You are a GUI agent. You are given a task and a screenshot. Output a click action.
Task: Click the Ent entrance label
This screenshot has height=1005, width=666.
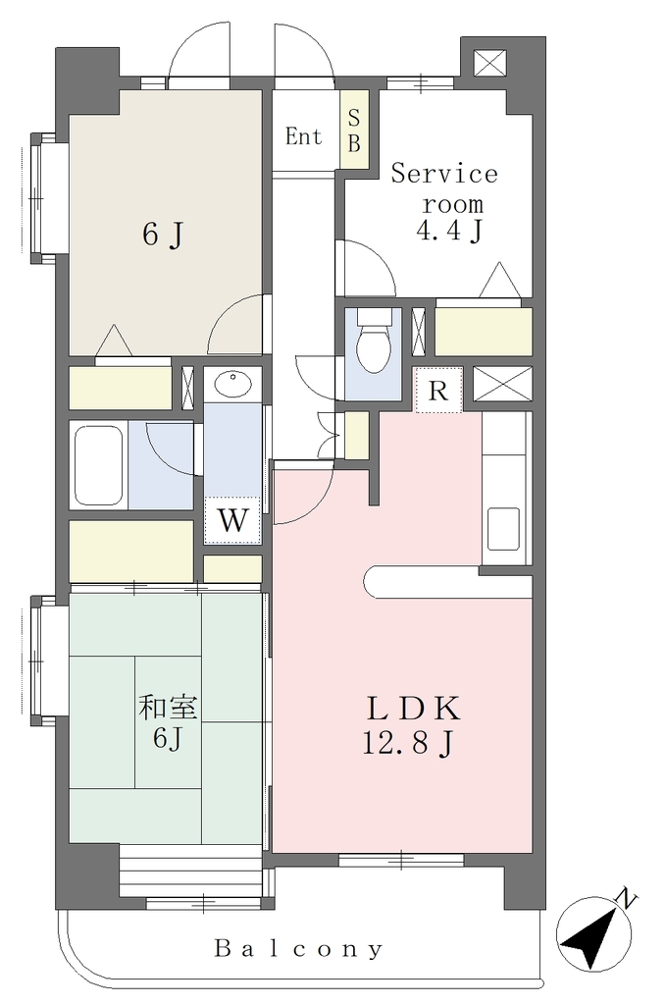[x=303, y=136]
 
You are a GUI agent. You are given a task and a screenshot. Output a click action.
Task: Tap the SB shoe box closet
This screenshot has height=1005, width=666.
[x=354, y=131]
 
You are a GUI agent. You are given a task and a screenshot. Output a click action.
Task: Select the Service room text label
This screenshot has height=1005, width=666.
[x=444, y=188]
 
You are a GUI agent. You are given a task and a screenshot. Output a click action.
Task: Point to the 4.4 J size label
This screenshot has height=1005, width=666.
[x=449, y=231]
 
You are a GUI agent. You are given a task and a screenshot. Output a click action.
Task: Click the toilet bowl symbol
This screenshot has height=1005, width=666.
[x=373, y=341]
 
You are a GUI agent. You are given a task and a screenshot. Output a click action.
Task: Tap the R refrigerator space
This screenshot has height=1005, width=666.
[x=438, y=390]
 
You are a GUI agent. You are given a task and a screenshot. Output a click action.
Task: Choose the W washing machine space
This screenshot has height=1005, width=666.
[x=231, y=520]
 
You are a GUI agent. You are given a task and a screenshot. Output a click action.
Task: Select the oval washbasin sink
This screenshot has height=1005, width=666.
[x=233, y=385]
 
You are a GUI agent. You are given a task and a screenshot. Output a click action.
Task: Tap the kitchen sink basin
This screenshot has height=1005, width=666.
[x=503, y=529]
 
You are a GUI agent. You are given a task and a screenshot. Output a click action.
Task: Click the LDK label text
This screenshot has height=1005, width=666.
[x=413, y=710]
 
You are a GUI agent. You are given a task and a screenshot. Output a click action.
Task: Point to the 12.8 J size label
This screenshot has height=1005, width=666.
[x=409, y=744]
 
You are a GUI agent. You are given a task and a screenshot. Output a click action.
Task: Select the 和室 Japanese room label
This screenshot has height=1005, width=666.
[x=168, y=709]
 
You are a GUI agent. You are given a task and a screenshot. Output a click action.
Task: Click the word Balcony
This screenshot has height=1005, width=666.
[x=299, y=948]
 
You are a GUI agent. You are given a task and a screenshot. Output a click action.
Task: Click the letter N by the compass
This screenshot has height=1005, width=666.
[x=626, y=900]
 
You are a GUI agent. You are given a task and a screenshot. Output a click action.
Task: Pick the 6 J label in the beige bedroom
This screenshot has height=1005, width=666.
[x=163, y=235]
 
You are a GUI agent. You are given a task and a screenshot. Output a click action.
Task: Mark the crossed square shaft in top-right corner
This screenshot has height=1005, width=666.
[x=490, y=63]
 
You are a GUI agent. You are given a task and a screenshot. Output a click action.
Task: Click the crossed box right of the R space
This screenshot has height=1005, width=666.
[x=503, y=384]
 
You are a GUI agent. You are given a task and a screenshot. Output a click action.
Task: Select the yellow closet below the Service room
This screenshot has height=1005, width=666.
[x=484, y=332]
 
